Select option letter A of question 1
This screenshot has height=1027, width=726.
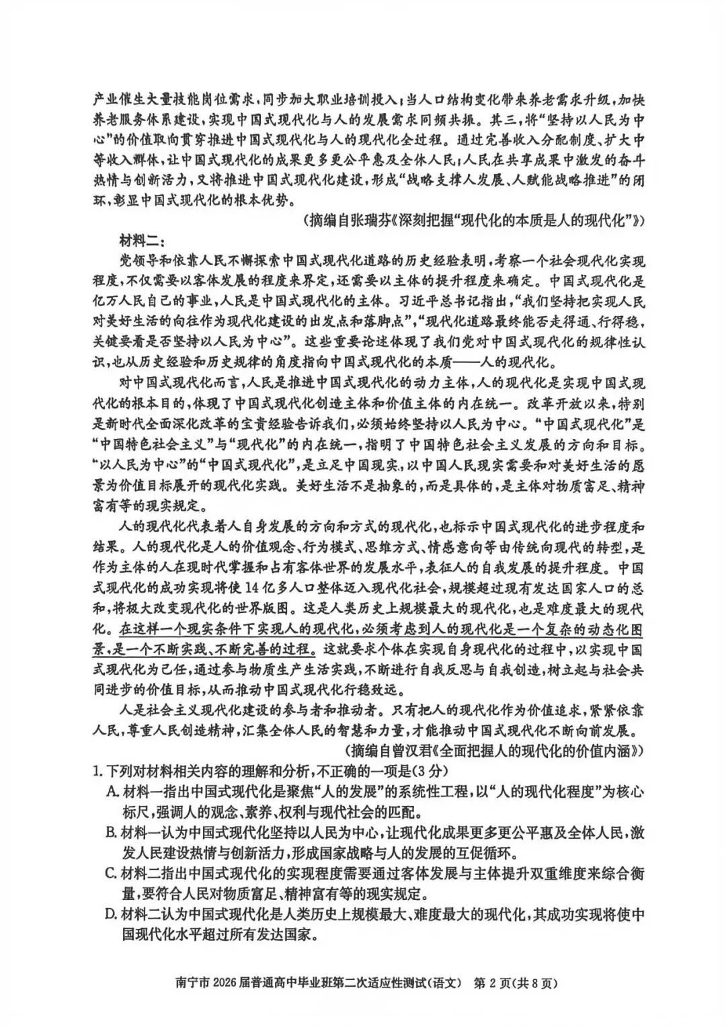[x=112, y=791]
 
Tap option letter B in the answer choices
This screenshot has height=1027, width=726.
[x=112, y=833]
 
